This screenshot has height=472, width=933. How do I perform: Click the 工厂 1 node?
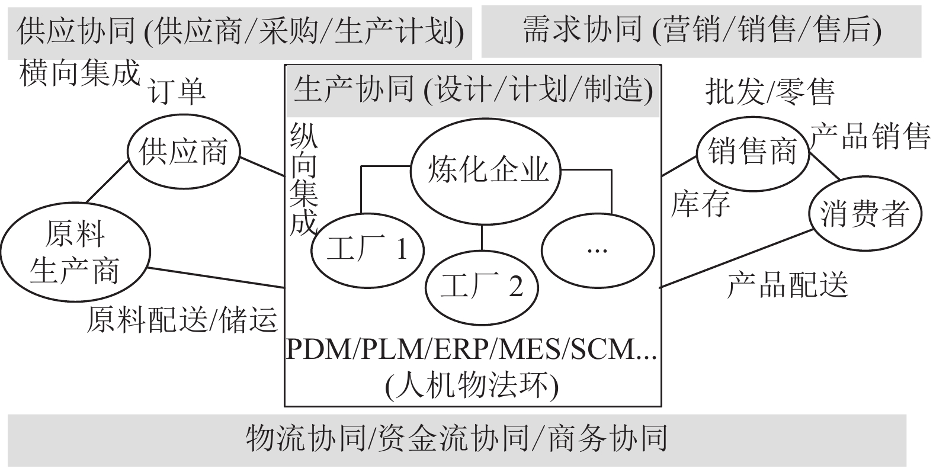pos(367,250)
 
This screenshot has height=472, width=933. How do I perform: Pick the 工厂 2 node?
pos(482,287)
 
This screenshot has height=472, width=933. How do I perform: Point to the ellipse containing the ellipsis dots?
pos(597,250)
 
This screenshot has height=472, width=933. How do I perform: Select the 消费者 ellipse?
pos(864,213)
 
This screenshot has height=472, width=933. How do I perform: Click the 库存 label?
pos(700,204)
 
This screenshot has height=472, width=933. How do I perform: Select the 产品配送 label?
pos(787,285)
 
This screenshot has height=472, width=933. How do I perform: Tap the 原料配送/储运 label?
pos(182,320)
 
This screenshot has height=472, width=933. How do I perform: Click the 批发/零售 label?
pos(770,92)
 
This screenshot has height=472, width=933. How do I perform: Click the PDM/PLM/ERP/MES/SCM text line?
pos(471,351)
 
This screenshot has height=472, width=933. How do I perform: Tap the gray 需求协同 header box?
pos(701,31)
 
